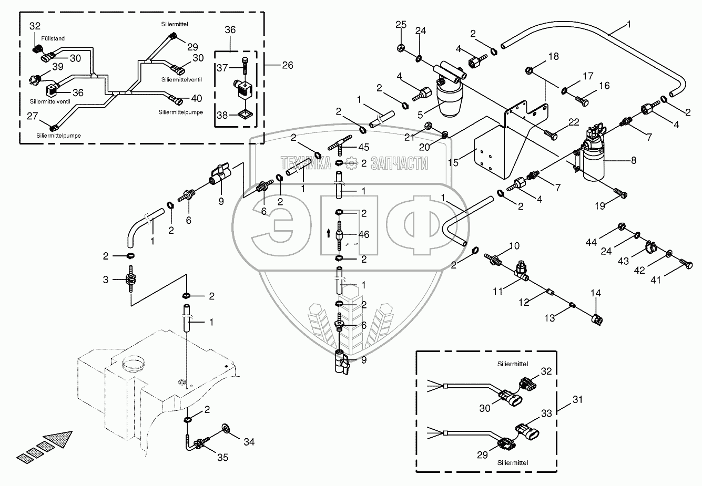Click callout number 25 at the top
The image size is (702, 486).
401,24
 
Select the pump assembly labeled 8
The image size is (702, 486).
591,153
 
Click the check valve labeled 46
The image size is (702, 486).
339,235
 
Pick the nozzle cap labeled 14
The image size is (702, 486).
597,320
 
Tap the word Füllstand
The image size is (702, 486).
53,38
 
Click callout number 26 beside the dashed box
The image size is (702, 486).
288,65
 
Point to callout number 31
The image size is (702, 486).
577,400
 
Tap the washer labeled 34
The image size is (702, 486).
225,428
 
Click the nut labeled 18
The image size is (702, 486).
529,70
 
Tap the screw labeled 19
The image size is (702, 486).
620,193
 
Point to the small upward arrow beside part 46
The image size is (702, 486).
328,233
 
